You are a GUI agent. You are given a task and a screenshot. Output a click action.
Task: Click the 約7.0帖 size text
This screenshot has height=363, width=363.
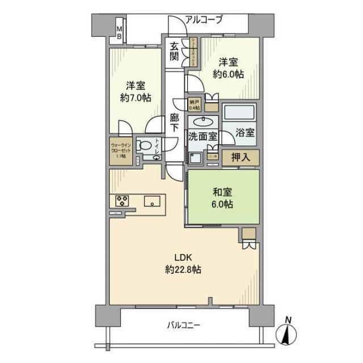pos(135,98)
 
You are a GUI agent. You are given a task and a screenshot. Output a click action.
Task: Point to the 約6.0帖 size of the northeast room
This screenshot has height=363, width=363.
pos(229,74)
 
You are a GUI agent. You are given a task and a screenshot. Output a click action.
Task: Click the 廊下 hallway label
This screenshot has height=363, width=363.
pos(175,125)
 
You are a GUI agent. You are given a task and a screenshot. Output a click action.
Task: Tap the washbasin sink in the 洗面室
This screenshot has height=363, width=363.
pos(203,121)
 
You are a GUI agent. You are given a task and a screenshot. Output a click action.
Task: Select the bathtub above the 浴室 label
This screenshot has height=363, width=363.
pos(239,113)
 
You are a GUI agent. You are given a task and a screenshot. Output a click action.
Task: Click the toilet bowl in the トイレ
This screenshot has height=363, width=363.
pos(147,146)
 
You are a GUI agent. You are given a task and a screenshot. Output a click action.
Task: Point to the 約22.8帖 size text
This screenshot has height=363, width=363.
pos(181,270)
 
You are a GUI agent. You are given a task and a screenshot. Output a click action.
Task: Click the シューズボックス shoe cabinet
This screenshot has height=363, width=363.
pos(193,52)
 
